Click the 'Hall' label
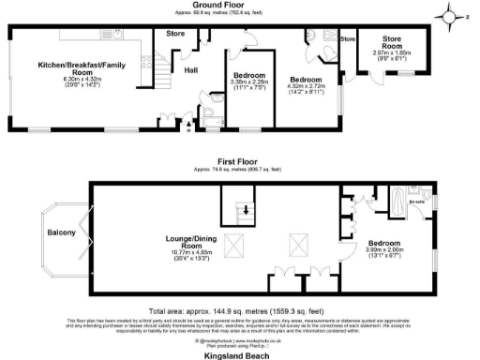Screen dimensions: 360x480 pos(190,69)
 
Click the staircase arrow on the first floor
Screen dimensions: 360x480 pos(246,210)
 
